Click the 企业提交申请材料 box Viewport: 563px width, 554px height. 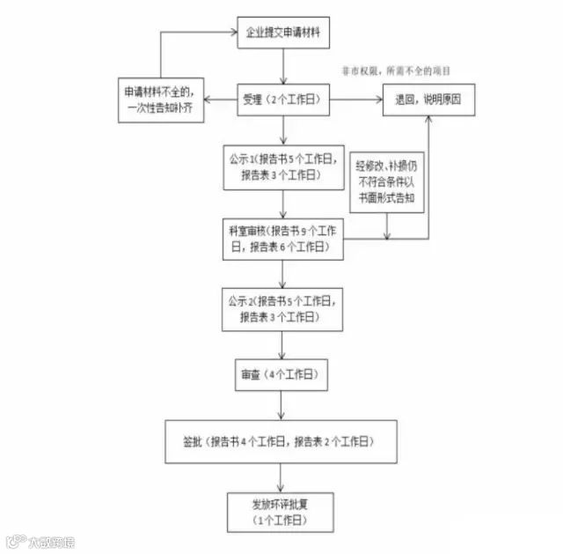pyautogui.click(x=281, y=34)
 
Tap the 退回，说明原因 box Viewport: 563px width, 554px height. pyautogui.click(x=428, y=100)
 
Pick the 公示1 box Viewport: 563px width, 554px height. pyautogui.click(x=281, y=166)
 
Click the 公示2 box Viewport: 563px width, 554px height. pyautogui.click(x=281, y=309)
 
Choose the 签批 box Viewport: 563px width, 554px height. pyautogui.click(x=281, y=440)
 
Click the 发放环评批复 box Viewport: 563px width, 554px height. pyautogui.click(x=281, y=511)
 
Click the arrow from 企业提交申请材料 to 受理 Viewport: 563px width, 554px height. pyautogui.click(x=281, y=67)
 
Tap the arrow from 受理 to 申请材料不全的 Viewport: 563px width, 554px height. pyautogui.click(x=219, y=100)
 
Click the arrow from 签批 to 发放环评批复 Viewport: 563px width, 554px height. pyautogui.click(x=281, y=476)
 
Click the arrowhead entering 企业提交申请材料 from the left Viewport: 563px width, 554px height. pyautogui.click(x=233, y=34)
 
